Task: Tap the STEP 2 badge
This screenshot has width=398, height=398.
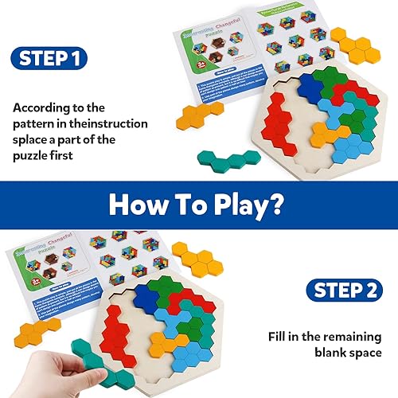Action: click(x=341, y=290)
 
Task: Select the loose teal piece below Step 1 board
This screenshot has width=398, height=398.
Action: click(x=232, y=162)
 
